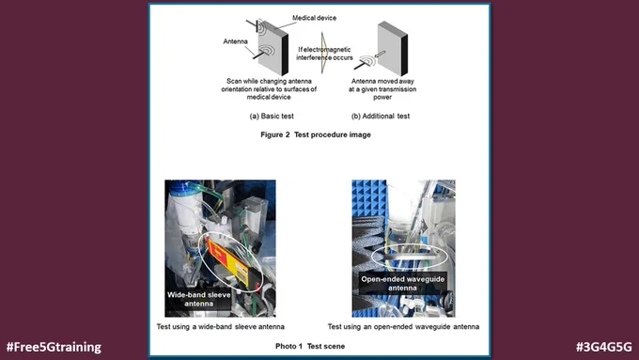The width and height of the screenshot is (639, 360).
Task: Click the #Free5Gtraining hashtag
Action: [x=54, y=347]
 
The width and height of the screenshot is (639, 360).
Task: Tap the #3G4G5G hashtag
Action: [x=604, y=347]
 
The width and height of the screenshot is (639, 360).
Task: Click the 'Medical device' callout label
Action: [x=314, y=18]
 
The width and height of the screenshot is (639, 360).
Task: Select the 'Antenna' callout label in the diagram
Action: [x=235, y=41]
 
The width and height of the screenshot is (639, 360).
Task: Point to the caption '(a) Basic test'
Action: [x=272, y=117]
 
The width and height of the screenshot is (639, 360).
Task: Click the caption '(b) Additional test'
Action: [x=381, y=117]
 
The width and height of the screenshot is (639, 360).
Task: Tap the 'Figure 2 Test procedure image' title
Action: [x=316, y=134]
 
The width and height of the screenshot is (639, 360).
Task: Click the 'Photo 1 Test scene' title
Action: [x=310, y=346]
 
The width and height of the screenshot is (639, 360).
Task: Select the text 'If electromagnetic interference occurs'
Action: [x=324, y=54]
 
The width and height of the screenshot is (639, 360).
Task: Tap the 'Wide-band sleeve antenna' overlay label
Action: [x=198, y=299]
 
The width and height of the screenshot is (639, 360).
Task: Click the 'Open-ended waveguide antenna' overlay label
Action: [x=402, y=283]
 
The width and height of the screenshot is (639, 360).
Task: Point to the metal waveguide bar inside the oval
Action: [x=410, y=257]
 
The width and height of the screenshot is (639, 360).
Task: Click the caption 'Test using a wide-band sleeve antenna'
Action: [x=221, y=326]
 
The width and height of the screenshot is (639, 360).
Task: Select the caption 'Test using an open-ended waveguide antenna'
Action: [x=403, y=326]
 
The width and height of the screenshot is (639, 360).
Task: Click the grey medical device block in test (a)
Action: [x=273, y=48]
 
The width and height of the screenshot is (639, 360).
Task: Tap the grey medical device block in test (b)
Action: [x=393, y=48]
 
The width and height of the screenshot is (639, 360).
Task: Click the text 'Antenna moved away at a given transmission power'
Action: [x=382, y=89]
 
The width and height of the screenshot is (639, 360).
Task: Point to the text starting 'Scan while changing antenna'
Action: [x=269, y=89]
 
